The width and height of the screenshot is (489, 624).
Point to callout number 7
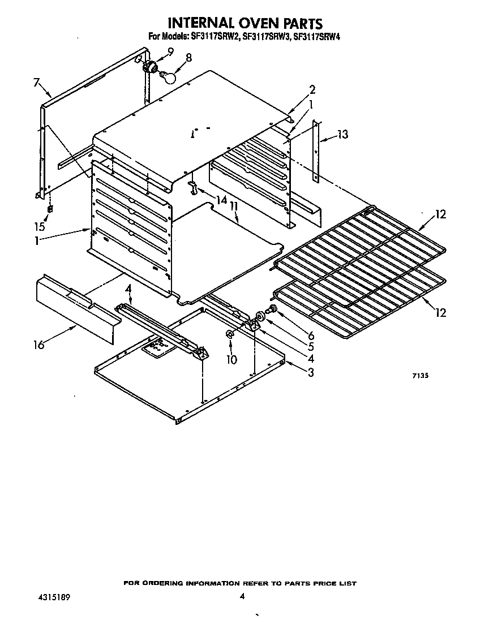[36, 83]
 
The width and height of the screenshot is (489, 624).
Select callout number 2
[312, 89]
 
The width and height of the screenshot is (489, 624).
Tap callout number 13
[342, 134]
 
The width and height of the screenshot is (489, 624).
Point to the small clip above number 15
[49, 209]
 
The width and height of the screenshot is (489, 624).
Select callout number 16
[38, 345]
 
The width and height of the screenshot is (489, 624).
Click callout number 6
[311, 335]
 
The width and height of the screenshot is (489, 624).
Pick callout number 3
[311, 372]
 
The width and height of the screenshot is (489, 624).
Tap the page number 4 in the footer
[242, 596]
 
